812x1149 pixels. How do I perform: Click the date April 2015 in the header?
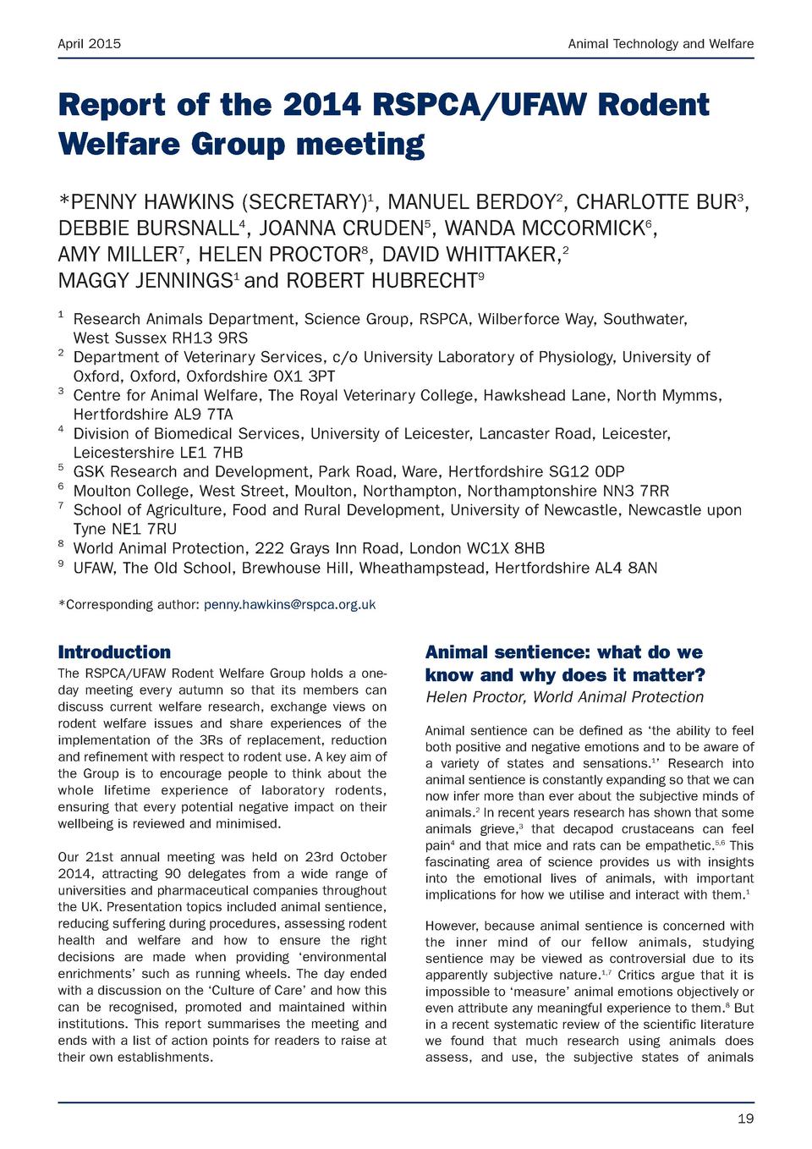[x=89, y=43]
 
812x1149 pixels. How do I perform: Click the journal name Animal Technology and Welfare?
[x=661, y=43]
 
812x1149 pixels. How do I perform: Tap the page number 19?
[x=745, y=1119]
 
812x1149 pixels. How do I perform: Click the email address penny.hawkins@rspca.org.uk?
[x=289, y=604]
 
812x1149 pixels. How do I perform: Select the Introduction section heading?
[x=114, y=652]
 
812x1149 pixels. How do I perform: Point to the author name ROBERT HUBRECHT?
[x=381, y=281]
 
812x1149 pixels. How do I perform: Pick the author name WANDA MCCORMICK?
[x=544, y=228]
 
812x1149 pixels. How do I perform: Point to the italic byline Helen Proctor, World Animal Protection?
[x=564, y=697]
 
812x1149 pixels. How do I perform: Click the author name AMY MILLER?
[x=117, y=255]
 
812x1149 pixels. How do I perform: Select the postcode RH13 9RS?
[x=210, y=338]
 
